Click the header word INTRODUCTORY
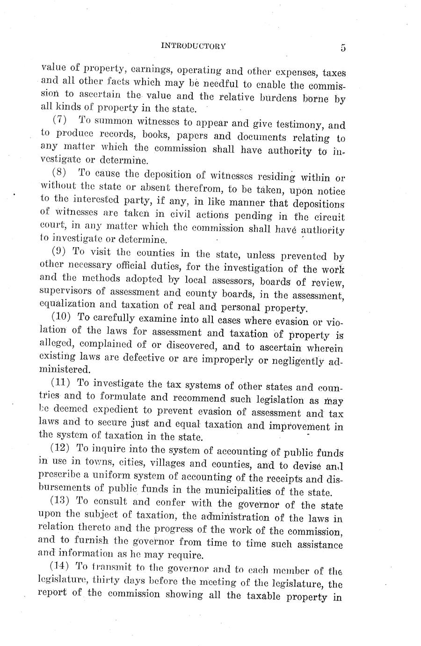click(193, 46)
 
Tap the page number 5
click(343, 48)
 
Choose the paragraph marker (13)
click(60, 500)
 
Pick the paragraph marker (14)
click(60, 566)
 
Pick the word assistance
click(318, 544)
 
